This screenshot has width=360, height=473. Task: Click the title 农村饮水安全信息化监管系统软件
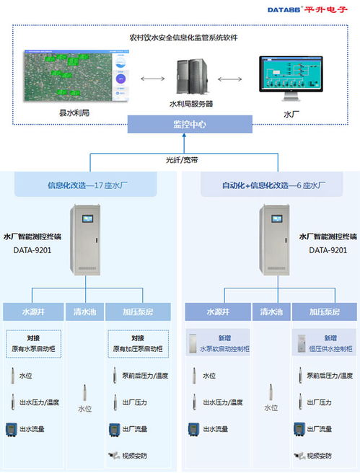click(179, 37)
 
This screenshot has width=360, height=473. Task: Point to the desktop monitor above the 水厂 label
click(291, 79)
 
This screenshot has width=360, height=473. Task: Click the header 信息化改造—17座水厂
click(88, 185)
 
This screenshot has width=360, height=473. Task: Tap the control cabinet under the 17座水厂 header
click(89, 242)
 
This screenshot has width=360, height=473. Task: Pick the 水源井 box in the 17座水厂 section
click(33, 313)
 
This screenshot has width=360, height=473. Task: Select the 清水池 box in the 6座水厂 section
click(270, 313)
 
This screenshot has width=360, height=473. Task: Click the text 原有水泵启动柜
click(33, 348)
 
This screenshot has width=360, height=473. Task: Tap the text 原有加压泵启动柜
click(137, 348)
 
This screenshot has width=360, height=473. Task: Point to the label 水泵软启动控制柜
click(224, 348)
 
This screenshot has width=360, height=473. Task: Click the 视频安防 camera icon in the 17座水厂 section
click(114, 455)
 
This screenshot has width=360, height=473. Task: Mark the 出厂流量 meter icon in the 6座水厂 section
click(299, 429)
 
